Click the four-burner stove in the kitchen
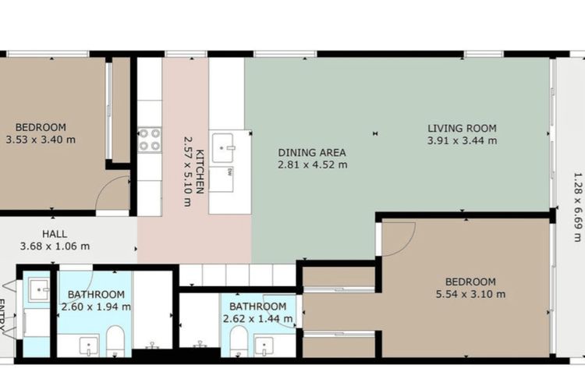point(149,139)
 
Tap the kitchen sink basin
point(224,144)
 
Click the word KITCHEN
point(200,171)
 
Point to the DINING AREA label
point(312,153)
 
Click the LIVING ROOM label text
point(462,128)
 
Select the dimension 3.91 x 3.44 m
point(462,141)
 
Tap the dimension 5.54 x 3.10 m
point(470,294)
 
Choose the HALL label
point(55,233)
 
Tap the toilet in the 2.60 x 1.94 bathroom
point(115,339)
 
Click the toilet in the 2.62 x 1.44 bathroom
point(239,340)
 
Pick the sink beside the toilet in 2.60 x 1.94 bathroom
point(89,343)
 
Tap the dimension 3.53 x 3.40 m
point(41,141)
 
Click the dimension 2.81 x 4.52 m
point(312,165)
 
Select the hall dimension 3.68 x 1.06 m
point(55,246)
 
